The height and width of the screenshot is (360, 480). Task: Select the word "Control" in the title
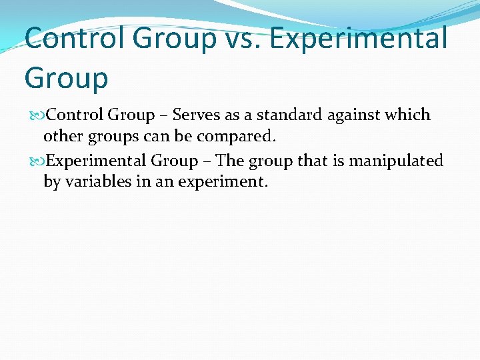point(74,38)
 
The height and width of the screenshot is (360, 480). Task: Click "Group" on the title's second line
point(66,78)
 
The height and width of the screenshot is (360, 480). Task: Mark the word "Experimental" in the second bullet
point(97,161)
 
